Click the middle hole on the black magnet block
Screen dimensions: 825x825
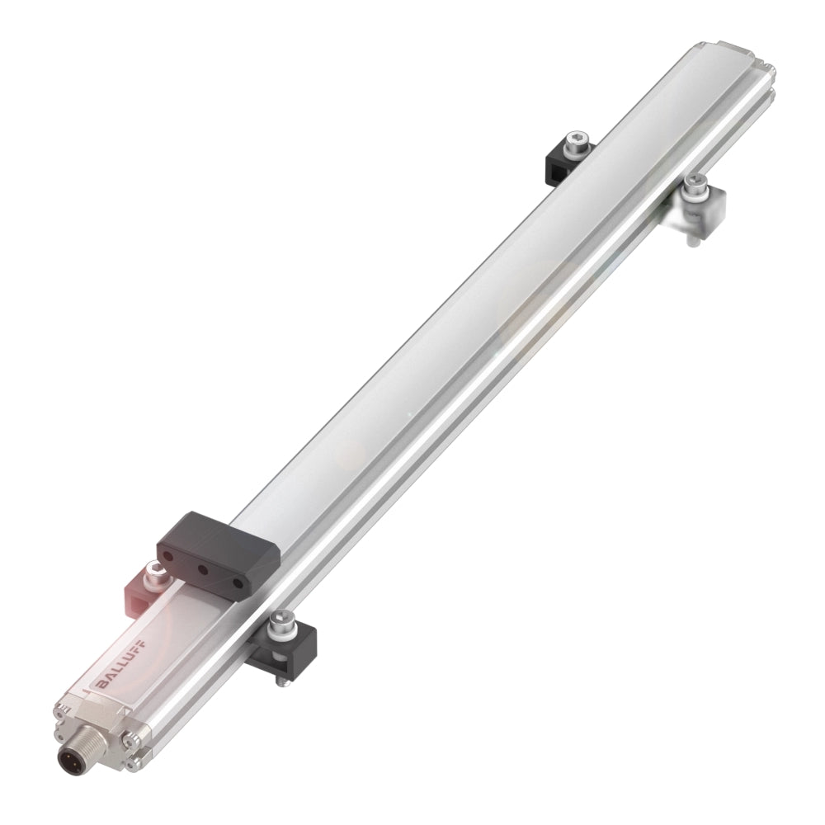tap(202, 568)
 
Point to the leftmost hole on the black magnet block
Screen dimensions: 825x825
tap(167, 555)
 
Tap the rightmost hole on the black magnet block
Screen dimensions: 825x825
tap(238, 583)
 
